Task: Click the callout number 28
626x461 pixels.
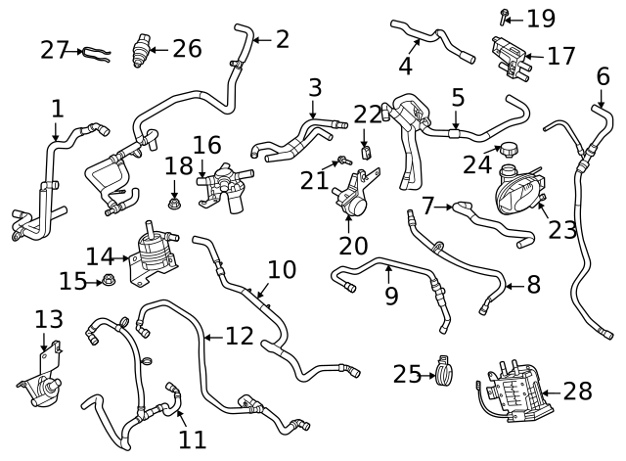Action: click(577, 392)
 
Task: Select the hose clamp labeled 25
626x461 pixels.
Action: click(446, 372)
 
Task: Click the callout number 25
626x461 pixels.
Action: click(406, 374)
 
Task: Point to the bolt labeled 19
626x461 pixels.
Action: click(505, 16)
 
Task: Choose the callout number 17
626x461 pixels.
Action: click(560, 57)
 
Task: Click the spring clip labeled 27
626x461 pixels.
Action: click(97, 51)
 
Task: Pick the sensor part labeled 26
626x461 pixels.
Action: click(143, 49)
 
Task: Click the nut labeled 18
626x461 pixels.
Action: click(173, 204)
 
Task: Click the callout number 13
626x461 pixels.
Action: click(48, 319)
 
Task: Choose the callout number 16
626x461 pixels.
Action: click(206, 146)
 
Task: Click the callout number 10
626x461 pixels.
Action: click(282, 269)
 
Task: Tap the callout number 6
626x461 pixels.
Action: click(603, 76)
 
